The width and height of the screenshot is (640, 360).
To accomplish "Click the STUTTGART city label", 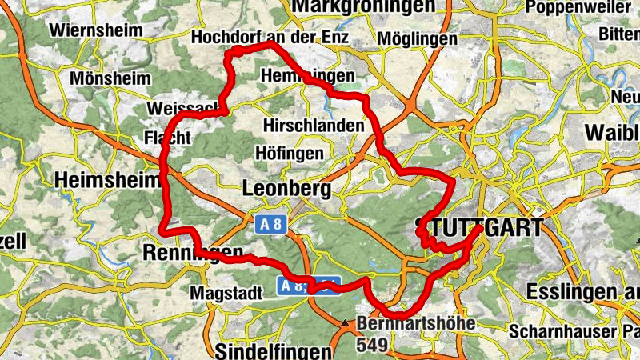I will (479, 227).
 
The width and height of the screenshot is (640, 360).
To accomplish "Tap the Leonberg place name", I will (286, 189).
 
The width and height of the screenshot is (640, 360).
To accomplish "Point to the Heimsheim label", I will (108, 182).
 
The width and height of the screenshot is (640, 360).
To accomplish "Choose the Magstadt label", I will (226, 294).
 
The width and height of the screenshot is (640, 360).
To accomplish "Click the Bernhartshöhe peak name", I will (416, 324).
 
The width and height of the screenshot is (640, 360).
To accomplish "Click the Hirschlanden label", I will (313, 126).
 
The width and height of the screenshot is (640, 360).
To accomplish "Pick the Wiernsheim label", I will (96, 30).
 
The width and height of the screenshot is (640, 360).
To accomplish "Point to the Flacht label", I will (166, 137).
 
